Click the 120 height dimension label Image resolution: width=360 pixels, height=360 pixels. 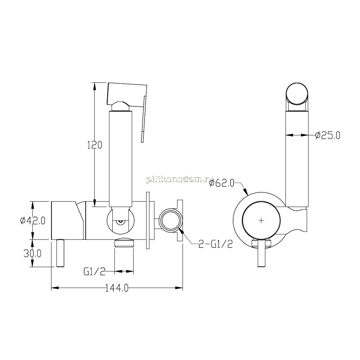(94, 145)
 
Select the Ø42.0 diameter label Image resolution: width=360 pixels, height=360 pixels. (33, 221)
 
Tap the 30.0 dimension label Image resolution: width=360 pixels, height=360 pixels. (33, 253)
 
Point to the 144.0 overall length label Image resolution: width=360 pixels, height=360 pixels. (117, 288)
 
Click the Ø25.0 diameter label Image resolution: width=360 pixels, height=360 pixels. (328, 135)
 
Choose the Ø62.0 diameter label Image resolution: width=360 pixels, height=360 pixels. (222, 183)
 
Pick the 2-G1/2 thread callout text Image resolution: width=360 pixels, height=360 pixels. (216, 244)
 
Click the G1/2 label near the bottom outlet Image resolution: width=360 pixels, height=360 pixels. (94, 272)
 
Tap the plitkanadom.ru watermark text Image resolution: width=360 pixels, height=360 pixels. (180, 180)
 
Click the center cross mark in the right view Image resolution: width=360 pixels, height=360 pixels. (261, 221)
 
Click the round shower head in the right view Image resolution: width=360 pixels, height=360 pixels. (297, 94)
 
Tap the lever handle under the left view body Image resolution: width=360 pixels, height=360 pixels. (60, 253)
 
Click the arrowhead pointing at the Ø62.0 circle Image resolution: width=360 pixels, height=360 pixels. (246, 192)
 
